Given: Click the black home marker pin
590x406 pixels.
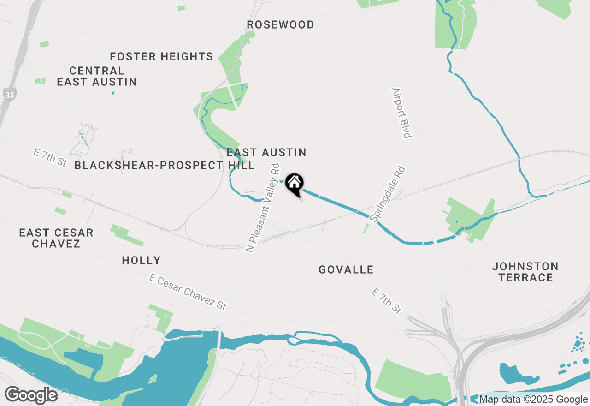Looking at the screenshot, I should coord(294,183).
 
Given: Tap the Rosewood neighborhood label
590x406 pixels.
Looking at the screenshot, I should coord(280,24).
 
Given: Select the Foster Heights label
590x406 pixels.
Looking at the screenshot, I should coord(161,56).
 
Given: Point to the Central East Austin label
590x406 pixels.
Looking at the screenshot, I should coord(97,76).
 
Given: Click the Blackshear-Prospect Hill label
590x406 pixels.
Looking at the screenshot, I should coord(164,165).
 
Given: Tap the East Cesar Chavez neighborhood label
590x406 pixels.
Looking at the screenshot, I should coord(56,238).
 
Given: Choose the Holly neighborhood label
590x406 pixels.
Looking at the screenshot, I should coord(141,260).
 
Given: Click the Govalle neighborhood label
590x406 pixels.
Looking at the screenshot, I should coord(346,269).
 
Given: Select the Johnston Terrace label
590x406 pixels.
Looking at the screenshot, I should coord(525,272).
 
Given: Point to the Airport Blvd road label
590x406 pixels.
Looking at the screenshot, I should coord(401,113).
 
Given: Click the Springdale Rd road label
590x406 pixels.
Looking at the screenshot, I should coord(389,194).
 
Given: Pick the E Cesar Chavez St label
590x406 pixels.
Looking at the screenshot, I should coord(188,292).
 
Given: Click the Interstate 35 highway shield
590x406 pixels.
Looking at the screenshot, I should coord(8,94).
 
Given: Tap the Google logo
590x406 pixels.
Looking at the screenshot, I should coord(31,395).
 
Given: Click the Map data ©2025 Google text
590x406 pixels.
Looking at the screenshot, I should coord(533,400).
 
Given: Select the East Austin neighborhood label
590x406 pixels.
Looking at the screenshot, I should coord(266,152).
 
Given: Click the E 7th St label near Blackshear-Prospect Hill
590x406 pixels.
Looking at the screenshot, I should coord(50,158).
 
